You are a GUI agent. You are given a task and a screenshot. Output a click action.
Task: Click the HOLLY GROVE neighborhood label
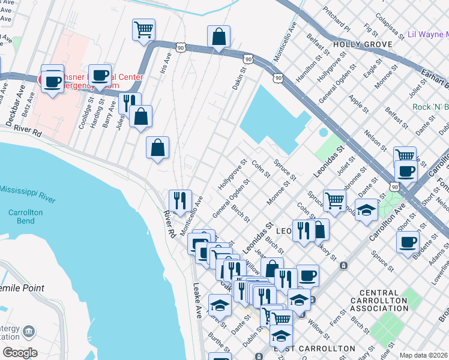coord(363,44)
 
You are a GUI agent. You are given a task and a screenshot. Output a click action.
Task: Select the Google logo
coord(20,353)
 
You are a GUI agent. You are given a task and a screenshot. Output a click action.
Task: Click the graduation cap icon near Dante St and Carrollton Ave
coord(366,210)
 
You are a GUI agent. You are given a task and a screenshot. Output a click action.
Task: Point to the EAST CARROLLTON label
coord(315,349)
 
